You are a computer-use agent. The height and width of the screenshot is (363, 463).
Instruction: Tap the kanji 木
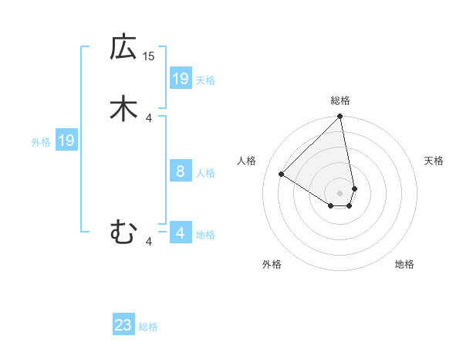point(123,107)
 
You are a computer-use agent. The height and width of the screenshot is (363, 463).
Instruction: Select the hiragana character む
point(123,231)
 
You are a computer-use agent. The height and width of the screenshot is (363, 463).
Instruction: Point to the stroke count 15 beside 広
point(149,56)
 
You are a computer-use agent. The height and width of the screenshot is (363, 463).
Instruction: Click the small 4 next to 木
point(149,117)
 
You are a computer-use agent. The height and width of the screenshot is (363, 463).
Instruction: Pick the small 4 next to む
point(149,242)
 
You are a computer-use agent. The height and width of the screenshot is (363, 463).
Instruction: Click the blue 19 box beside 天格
point(181,79)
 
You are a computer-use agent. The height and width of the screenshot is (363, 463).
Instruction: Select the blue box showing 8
point(181,171)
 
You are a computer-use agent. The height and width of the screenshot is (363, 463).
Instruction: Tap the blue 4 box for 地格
point(181,233)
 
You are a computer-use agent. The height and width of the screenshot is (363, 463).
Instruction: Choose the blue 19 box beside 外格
point(66,141)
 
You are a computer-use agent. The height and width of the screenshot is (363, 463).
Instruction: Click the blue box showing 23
point(123,325)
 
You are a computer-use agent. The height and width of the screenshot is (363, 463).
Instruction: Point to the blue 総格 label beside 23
point(148,327)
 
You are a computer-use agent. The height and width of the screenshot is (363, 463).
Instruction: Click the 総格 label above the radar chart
point(340,100)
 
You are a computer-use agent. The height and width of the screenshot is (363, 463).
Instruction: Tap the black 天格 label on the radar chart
point(434,161)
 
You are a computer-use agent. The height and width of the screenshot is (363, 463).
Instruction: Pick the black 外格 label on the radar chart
point(272,264)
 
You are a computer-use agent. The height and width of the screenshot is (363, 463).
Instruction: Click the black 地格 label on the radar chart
point(404,264)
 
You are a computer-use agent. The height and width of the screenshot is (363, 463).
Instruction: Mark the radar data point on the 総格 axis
point(340,117)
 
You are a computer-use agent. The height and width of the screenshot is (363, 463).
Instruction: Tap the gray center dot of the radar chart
point(340,192)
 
